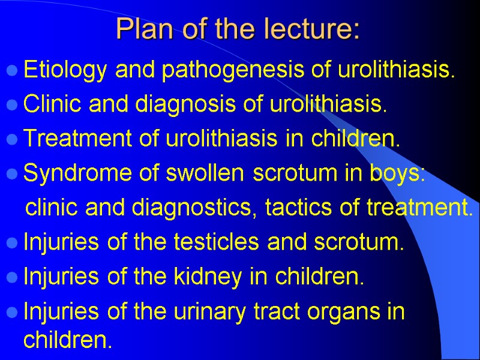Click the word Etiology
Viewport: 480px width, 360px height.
(65, 71)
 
